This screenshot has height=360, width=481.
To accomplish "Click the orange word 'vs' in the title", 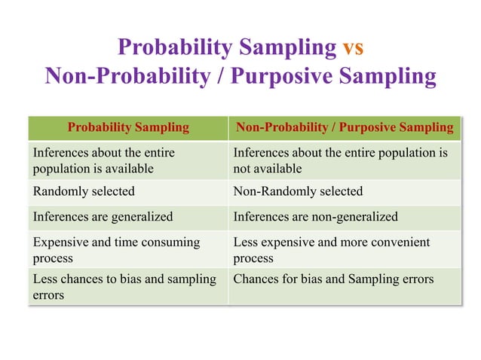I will point(353,47).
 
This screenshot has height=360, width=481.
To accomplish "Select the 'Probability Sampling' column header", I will point(128,127).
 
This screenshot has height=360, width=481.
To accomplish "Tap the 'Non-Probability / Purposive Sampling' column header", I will point(345,127).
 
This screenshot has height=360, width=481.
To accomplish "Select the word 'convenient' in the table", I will point(402,243).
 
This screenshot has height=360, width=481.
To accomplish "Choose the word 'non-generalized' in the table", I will point(353,217).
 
